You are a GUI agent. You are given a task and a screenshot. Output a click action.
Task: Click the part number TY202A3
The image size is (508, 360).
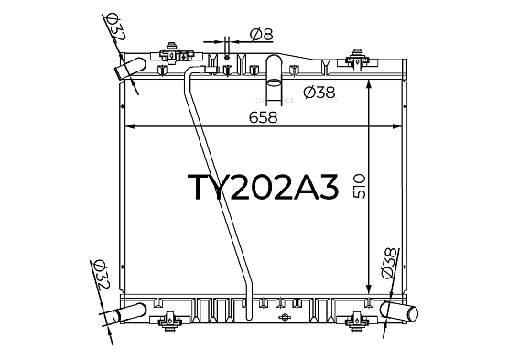[263, 188]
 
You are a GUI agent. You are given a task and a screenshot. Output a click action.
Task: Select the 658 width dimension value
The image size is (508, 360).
[264, 117]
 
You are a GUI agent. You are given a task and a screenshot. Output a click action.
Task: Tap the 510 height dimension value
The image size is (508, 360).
[360, 186]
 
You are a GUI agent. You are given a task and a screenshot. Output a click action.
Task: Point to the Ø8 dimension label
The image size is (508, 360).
[262, 35]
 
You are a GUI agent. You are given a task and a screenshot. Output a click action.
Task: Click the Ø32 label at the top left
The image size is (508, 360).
[115, 27]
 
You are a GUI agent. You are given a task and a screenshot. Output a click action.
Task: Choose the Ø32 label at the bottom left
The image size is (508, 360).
[102, 275]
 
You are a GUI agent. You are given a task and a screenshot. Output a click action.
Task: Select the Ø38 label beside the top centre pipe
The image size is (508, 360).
[319, 93]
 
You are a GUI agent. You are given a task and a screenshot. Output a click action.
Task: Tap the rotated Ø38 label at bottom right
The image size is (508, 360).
[389, 263]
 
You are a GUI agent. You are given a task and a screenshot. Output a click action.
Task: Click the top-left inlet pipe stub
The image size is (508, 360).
[131, 68]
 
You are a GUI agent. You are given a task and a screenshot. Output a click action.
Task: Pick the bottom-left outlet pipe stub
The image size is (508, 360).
[129, 313]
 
